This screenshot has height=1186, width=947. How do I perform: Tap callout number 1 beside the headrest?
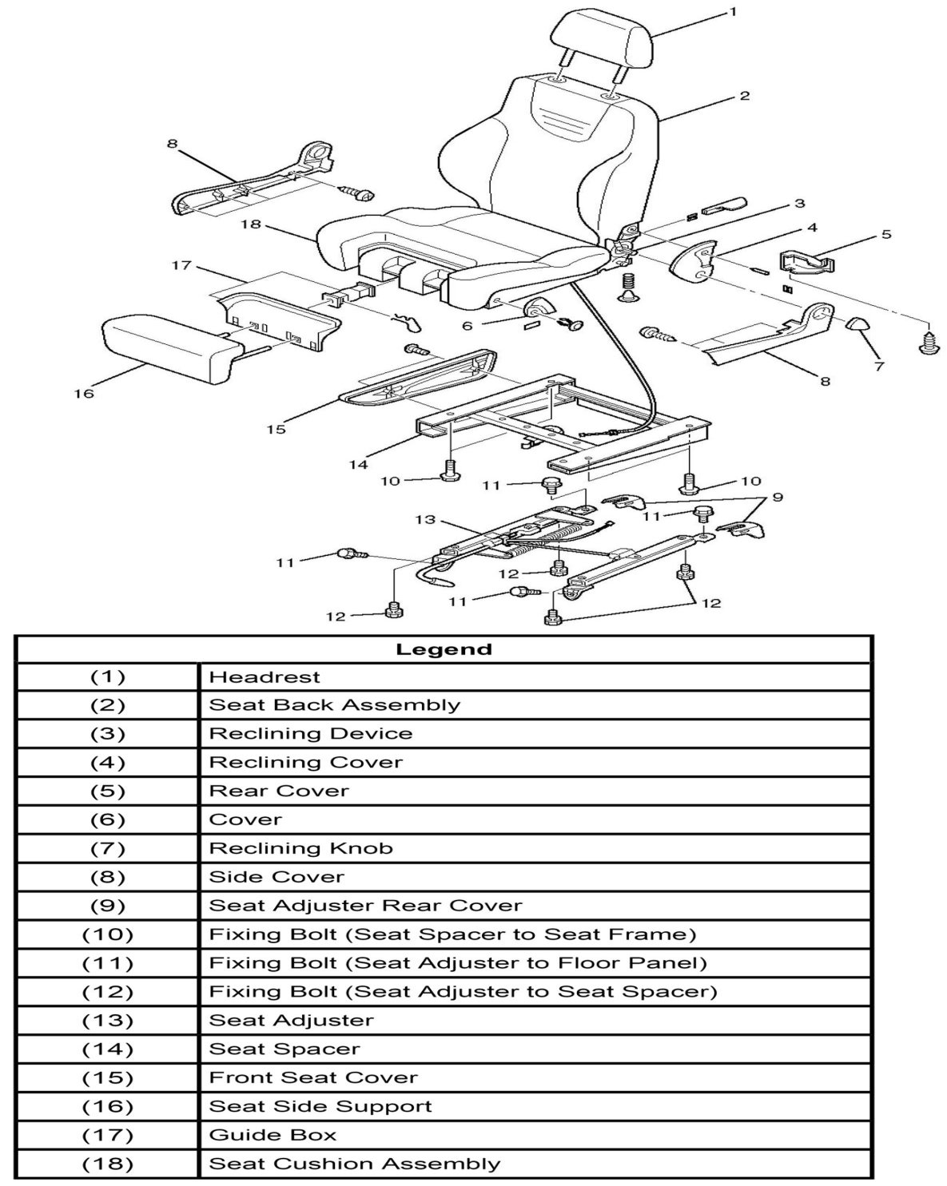733,12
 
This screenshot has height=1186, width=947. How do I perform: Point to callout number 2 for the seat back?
744,97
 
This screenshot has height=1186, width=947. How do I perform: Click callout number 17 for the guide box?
182,264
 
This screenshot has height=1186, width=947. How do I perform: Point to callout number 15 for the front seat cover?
276,430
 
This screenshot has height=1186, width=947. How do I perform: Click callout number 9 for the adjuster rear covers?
777,498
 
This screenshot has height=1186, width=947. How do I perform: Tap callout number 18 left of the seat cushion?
251,224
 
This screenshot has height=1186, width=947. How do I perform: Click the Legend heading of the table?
444,649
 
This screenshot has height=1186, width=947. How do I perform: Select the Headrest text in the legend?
265,677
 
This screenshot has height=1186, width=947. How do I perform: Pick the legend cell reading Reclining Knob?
300,848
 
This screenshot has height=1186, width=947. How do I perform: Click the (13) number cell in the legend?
108,1021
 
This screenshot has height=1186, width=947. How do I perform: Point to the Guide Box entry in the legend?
273,1135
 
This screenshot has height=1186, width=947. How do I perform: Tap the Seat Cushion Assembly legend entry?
354,1164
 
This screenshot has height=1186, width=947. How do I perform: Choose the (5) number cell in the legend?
108,791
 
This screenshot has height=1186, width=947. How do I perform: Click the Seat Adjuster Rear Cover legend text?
365,906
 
